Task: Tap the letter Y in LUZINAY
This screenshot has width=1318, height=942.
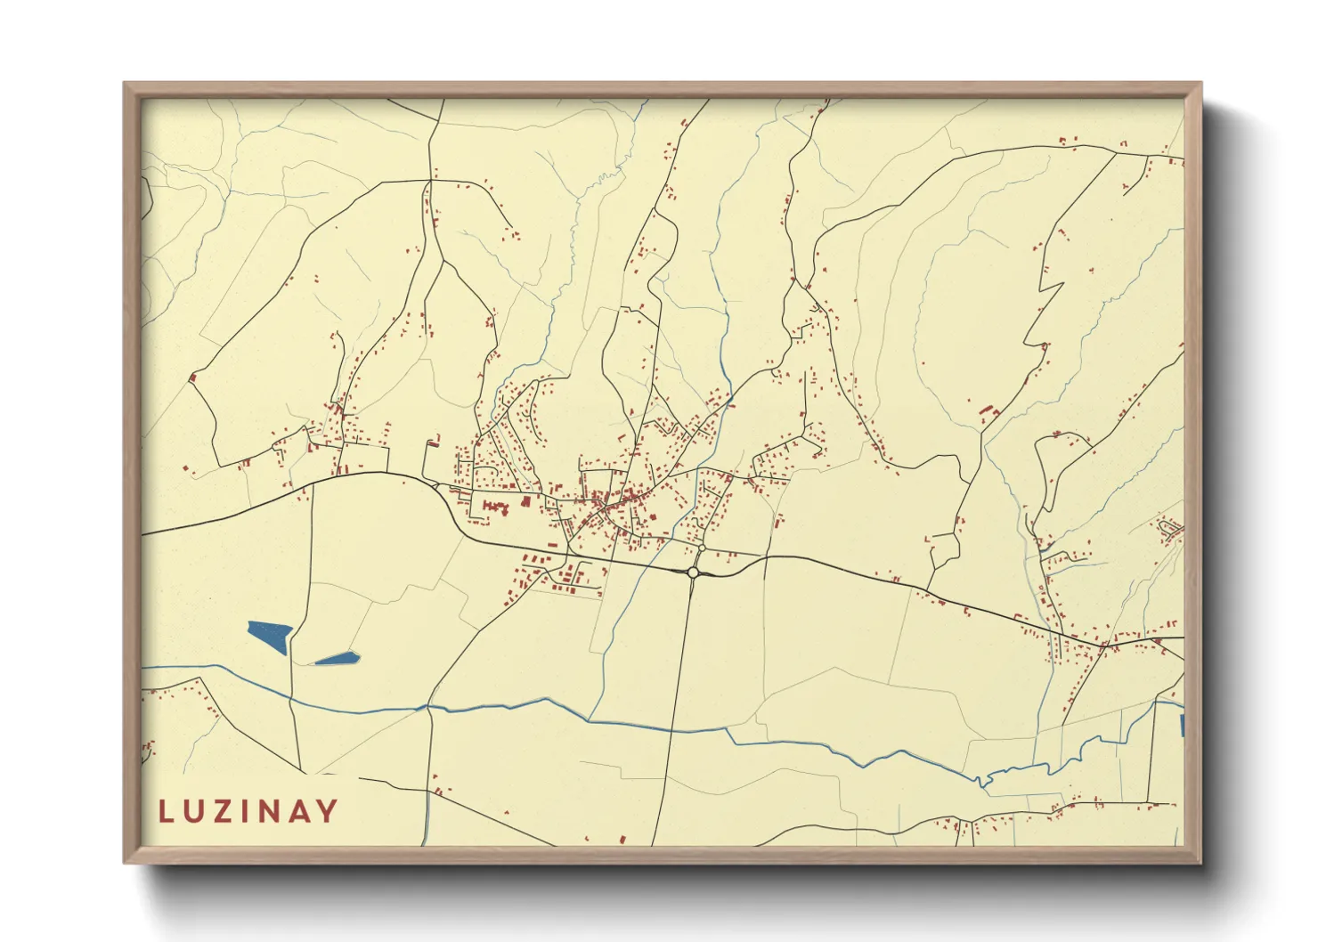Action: click(x=329, y=811)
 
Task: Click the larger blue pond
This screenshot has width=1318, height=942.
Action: click(x=271, y=636)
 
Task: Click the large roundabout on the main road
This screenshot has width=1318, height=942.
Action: click(x=693, y=573)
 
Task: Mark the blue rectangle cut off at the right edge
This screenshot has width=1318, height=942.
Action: click(x=1181, y=725)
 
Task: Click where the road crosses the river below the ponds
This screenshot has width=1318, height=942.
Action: click(x=428, y=709)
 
